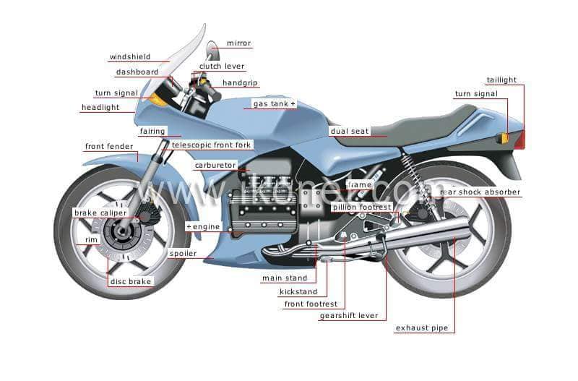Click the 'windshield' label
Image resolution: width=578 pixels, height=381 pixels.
click(x=130, y=57)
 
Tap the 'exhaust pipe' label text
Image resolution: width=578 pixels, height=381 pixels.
click(x=422, y=328)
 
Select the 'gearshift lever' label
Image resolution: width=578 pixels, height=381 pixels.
click(x=349, y=316)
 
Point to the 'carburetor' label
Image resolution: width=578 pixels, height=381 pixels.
click(x=215, y=166)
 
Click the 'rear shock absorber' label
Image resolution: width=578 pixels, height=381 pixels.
click(x=480, y=192)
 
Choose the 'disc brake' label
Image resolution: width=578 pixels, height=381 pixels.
click(x=131, y=282)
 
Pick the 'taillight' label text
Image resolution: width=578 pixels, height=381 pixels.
click(x=501, y=80)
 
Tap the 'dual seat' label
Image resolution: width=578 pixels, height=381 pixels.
click(x=350, y=132)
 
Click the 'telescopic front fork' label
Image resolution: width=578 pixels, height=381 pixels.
click(x=211, y=145)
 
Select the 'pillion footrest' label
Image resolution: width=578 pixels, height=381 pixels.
click(x=362, y=207)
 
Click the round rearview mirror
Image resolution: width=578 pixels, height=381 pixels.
click(x=212, y=50)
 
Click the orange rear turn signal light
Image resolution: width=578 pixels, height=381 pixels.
click(x=504, y=139)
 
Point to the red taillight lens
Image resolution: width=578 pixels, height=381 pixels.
click(x=520, y=140)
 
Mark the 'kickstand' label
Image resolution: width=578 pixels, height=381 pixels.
click(x=298, y=292)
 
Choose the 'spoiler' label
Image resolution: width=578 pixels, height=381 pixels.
click(x=183, y=253)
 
